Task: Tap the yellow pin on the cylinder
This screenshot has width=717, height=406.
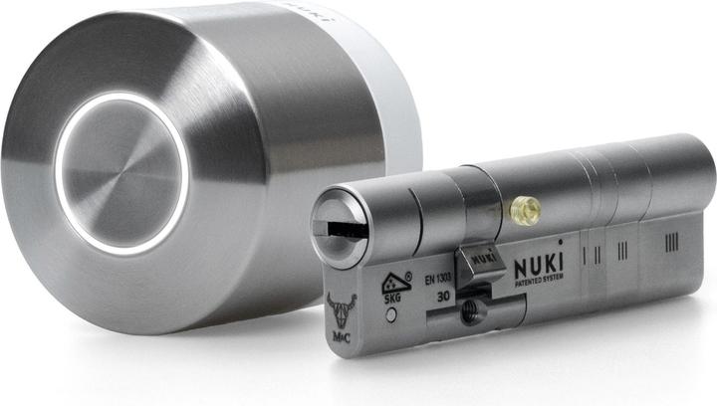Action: click(525, 210)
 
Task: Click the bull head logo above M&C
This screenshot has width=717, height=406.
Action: click(341, 305)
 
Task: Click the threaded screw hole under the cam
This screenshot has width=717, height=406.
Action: click(468, 311)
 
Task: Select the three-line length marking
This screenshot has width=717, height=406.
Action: click(622, 249)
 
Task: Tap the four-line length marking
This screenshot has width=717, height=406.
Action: click(672, 241)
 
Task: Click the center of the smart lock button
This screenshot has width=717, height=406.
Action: click(120, 174)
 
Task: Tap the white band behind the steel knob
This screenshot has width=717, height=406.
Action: click(398, 109)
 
